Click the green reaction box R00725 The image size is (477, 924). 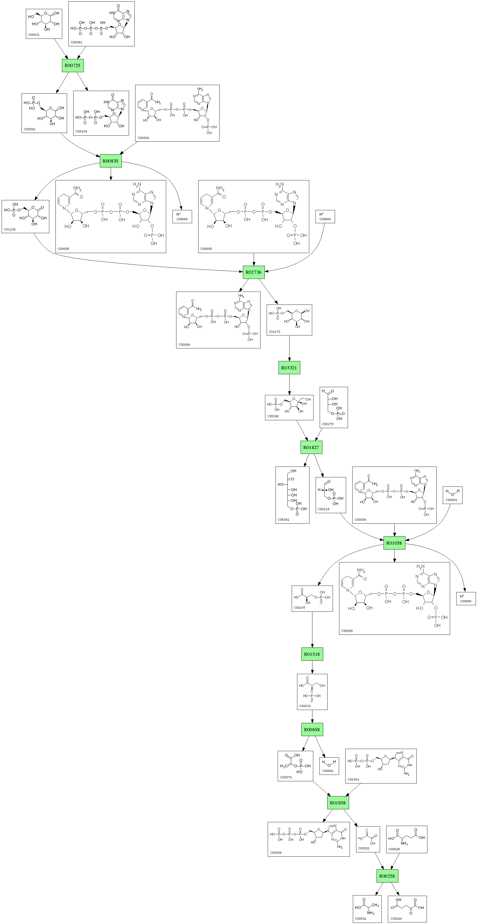(72, 66)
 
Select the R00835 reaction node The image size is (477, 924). (110, 161)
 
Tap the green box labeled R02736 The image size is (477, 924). (253, 272)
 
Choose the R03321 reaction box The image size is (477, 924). (289, 368)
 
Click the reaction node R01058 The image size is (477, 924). (394, 543)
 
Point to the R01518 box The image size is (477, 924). (312, 654)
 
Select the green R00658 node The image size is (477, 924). (312, 730)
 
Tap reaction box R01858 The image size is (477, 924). (338, 803)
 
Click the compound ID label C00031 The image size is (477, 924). (34, 35)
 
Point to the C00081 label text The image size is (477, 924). (76, 42)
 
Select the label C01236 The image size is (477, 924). (10, 229)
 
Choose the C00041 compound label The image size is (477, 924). (361, 919)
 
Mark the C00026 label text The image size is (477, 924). (396, 919)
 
